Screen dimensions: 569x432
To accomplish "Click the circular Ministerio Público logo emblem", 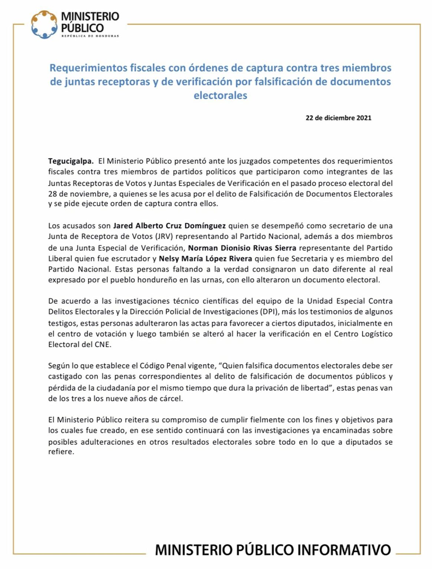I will pyautogui.click(x=44, y=24).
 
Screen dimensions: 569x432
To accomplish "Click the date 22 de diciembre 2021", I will pyautogui.click(x=338, y=118).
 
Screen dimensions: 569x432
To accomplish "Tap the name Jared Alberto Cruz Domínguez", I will pyautogui.click(x=169, y=226).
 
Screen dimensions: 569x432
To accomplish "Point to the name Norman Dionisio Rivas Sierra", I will pyautogui.click(x=242, y=247).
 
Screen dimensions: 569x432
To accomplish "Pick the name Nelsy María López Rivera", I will pyautogui.click(x=205, y=258).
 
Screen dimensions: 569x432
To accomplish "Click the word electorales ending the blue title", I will pyautogui.click(x=220, y=95).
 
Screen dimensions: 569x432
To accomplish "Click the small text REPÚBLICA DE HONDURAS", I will pyautogui.click(x=90, y=36).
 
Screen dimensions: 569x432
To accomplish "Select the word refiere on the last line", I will pyautogui.click(x=60, y=452).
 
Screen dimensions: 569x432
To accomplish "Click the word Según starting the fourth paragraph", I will pyautogui.click(x=59, y=366).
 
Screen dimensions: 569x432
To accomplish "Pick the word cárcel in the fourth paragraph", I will pyautogui.click(x=172, y=399).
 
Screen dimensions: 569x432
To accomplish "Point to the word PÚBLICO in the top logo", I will pyautogui.click(x=82, y=28).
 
